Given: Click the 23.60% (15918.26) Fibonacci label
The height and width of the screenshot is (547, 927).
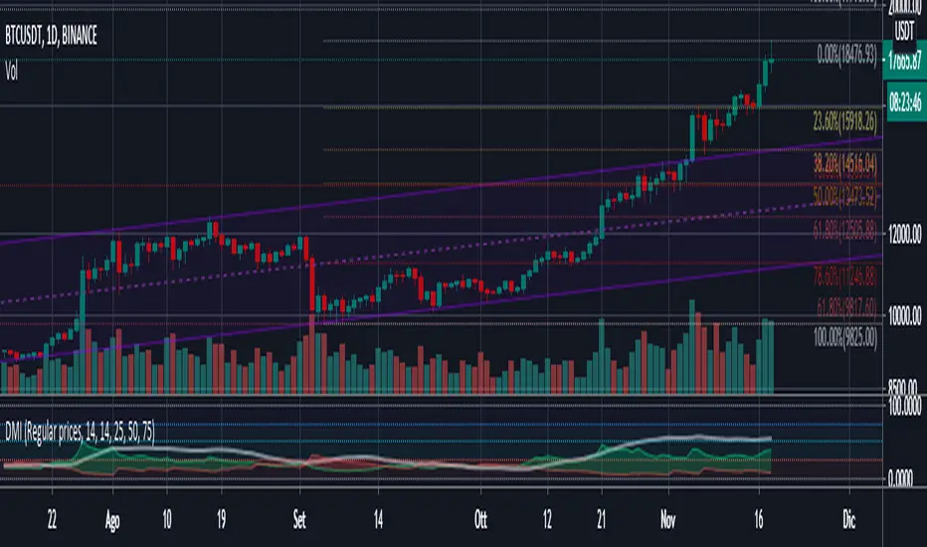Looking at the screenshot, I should (x=843, y=121).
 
